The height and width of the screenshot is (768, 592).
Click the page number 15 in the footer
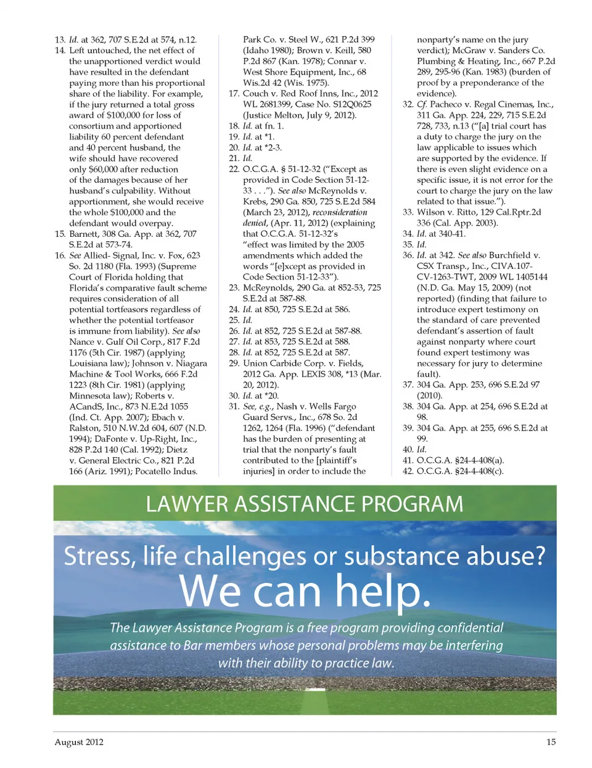tap(551, 742)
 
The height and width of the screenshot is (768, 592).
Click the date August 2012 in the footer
tap(79, 742)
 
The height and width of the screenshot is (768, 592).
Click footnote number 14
tap(60, 51)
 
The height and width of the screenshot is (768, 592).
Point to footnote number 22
tap(234, 169)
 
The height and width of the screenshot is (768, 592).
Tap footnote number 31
tap(234, 407)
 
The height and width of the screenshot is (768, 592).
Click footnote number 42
tap(408, 471)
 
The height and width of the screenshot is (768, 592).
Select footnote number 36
tap(408, 255)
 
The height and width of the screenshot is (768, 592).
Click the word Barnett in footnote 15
tap(86, 234)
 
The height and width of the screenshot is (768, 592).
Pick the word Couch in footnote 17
tap(255, 94)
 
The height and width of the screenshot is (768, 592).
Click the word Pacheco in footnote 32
tap(445, 104)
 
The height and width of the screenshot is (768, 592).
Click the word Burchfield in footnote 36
tap(510, 255)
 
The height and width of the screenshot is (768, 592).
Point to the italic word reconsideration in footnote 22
tap(340, 212)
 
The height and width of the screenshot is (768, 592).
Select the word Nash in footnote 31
tap(287, 407)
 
